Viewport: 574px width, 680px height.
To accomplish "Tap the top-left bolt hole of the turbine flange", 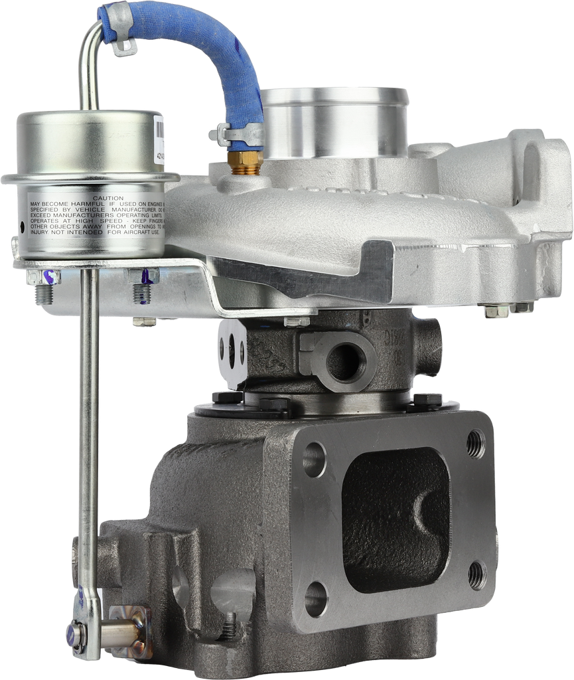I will pyautogui.click(x=315, y=459).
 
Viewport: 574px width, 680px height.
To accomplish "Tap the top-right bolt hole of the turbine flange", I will pyautogui.click(x=475, y=444).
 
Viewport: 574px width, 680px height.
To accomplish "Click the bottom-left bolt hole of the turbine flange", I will pyautogui.click(x=316, y=599).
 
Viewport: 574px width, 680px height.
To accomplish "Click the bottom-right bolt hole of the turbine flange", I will pyautogui.click(x=476, y=576).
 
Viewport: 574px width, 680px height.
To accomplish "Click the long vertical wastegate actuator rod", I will pyautogui.click(x=88, y=432).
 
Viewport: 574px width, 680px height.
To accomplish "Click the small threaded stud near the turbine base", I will pyautogui.click(x=230, y=625).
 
